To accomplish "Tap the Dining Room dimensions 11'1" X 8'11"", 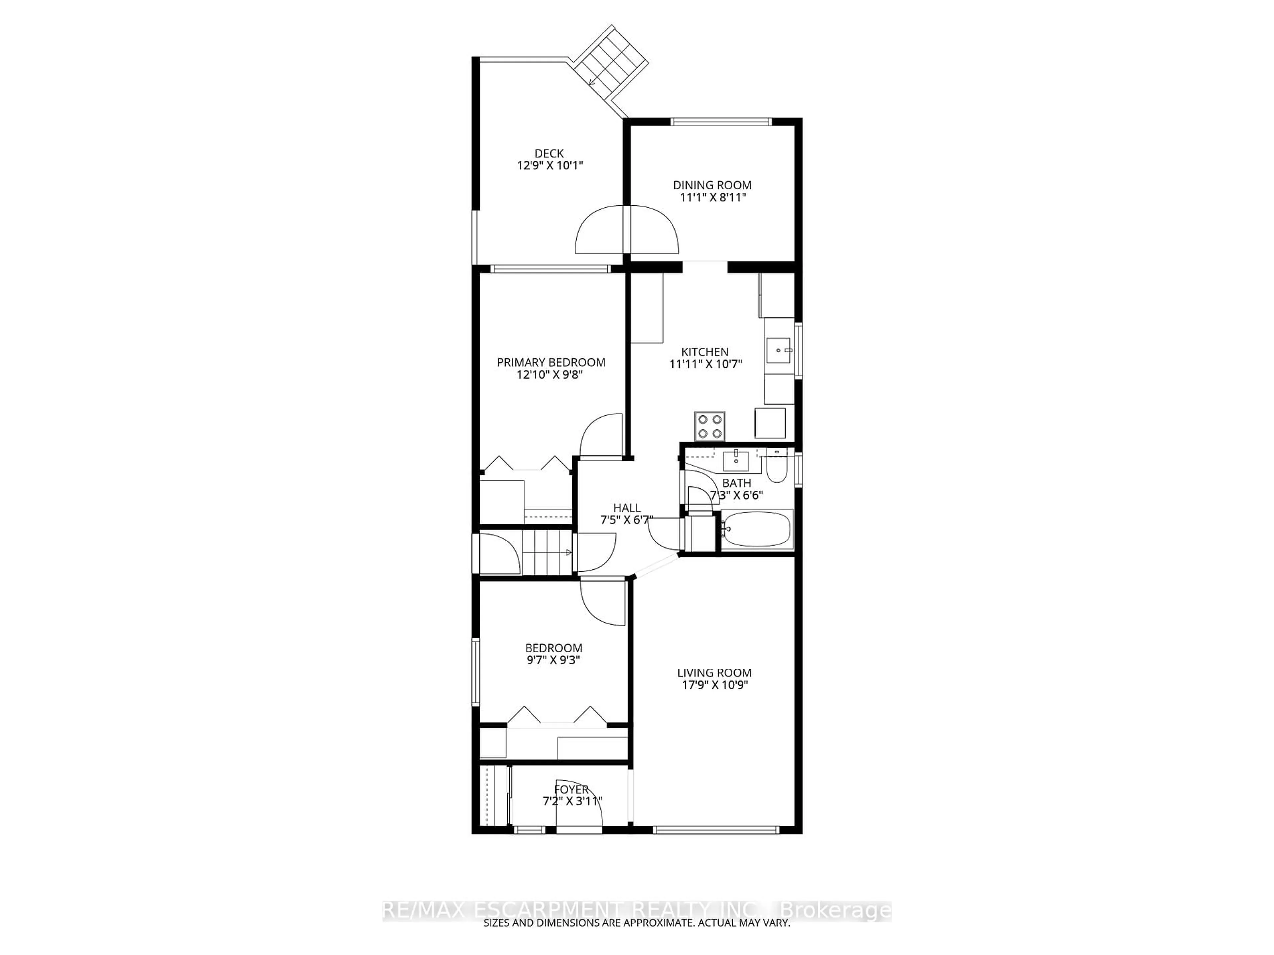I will coord(712,197).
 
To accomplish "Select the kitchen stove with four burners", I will coord(710,426).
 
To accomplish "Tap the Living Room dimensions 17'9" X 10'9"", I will coord(714,685).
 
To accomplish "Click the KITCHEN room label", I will coord(705,352).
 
